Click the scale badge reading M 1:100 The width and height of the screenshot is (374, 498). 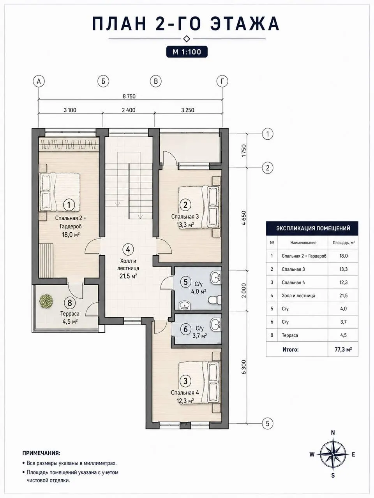coord(187,52)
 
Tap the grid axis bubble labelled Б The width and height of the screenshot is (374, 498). coord(103,81)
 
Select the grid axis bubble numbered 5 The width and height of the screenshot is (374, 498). coord(268,423)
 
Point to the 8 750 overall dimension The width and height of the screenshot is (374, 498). coord(129,96)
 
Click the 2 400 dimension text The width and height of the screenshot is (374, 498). coord(129,110)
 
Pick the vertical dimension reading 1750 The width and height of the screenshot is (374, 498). coord(243,151)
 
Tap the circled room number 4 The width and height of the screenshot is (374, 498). coord(128,249)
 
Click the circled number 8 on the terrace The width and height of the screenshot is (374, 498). coord(70,303)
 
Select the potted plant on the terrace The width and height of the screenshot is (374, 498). coord(46,301)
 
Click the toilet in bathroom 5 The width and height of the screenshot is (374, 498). coord(213,300)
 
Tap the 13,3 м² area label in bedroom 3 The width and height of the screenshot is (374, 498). coord(185,225)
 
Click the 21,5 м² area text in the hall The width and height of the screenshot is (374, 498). coord(128,276)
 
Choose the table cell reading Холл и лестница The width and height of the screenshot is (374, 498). coord(298,296)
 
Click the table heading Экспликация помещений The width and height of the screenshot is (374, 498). coord(313,228)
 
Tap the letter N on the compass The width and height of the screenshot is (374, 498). coord(333,433)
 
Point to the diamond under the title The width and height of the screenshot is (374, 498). coord(187,39)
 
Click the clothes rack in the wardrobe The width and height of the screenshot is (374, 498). coord(69,144)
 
